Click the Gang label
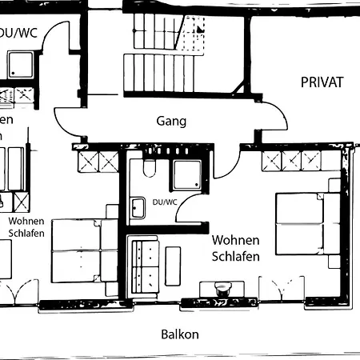[x=170, y=122]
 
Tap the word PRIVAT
[x=322, y=82]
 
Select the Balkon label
[x=179, y=334]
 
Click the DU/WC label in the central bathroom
[x=164, y=202]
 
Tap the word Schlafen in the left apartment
[x=26, y=233]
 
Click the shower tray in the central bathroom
[x=186, y=174]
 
